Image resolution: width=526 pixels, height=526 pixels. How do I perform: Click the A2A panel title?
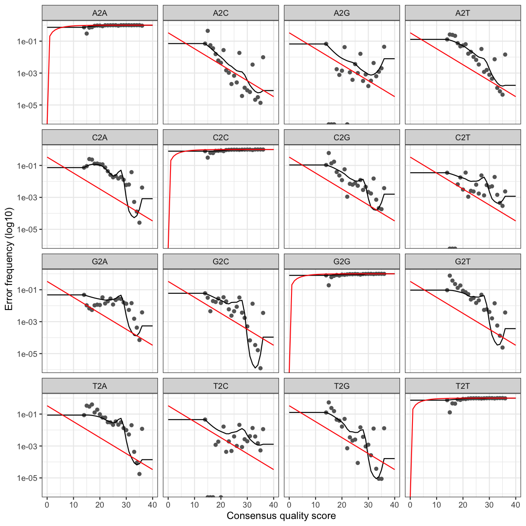tap(100, 13)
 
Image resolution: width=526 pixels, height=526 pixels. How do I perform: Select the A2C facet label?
tap(221, 13)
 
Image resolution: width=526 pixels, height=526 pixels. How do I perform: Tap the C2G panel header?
tap(342, 138)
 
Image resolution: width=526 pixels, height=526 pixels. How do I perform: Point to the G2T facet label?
tap(463, 262)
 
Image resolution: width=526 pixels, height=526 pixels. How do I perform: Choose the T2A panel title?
tap(100, 386)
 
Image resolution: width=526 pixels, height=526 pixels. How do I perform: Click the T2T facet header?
tap(463, 386)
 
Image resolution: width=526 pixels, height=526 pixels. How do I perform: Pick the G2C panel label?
tap(221, 262)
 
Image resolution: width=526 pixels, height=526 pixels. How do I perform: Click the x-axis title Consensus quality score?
tap(281, 516)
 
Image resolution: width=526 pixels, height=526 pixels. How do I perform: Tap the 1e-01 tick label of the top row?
tap(29, 41)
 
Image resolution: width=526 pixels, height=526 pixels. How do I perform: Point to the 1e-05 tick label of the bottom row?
tap(29, 478)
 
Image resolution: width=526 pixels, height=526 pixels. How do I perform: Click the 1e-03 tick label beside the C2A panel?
tap(29, 197)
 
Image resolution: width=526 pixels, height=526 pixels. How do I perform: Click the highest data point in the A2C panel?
tap(208, 31)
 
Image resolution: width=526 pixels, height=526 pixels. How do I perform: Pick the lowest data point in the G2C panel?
tap(260, 368)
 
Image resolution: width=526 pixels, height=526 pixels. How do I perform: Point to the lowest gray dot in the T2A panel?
tap(139, 474)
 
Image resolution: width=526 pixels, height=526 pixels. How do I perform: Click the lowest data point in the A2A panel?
tap(87, 33)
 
